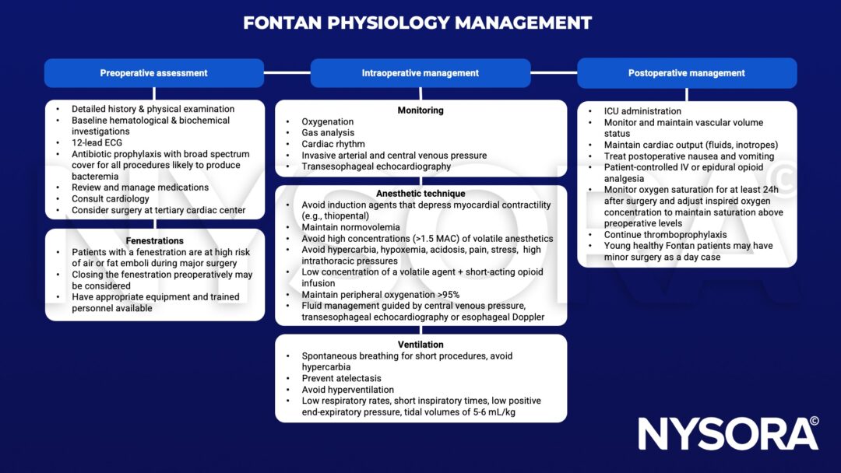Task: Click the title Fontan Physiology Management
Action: [x=417, y=23]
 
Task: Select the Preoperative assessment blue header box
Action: [x=153, y=73]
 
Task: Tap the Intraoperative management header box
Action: [x=420, y=73]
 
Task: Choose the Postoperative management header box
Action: [x=686, y=73]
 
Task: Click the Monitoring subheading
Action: [x=420, y=110]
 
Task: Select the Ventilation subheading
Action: [x=420, y=345]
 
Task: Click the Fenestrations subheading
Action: [x=154, y=241]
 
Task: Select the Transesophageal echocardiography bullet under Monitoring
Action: [x=376, y=166]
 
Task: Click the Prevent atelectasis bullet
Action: [x=342, y=379]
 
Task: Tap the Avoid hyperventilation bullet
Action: [x=348, y=390]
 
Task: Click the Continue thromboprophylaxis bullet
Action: [x=665, y=235]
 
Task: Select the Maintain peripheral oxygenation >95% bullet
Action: [x=381, y=294]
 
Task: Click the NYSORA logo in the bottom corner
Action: [x=728, y=434]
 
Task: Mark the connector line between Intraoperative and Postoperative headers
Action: [x=554, y=73]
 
